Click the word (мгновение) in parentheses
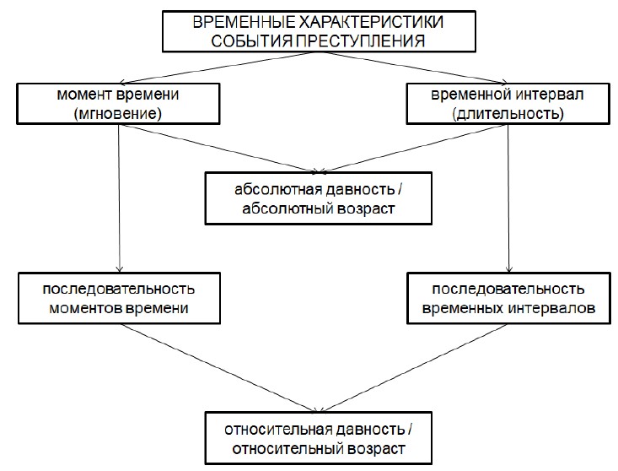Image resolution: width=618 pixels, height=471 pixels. point(120,113)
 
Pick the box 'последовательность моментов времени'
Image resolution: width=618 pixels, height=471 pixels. point(120,299)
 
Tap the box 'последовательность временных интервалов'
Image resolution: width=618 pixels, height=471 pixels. point(508,299)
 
